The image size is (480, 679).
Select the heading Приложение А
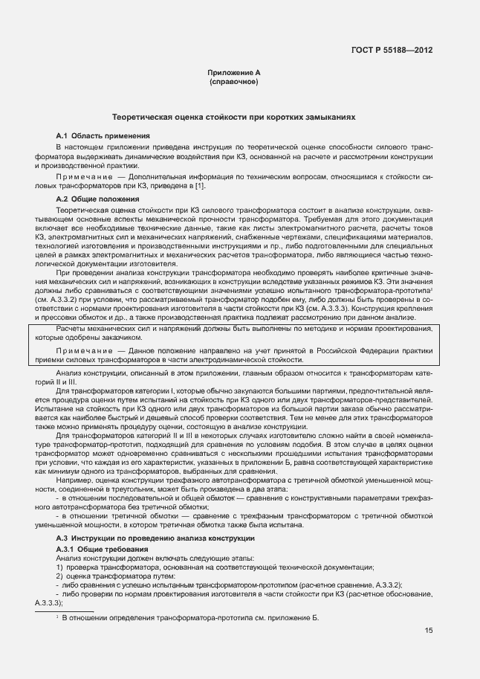tap(233, 72)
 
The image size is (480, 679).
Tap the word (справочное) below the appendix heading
tap(233, 81)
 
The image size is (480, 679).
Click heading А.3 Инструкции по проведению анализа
tap(155, 538)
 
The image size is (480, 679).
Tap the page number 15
tap(429, 631)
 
